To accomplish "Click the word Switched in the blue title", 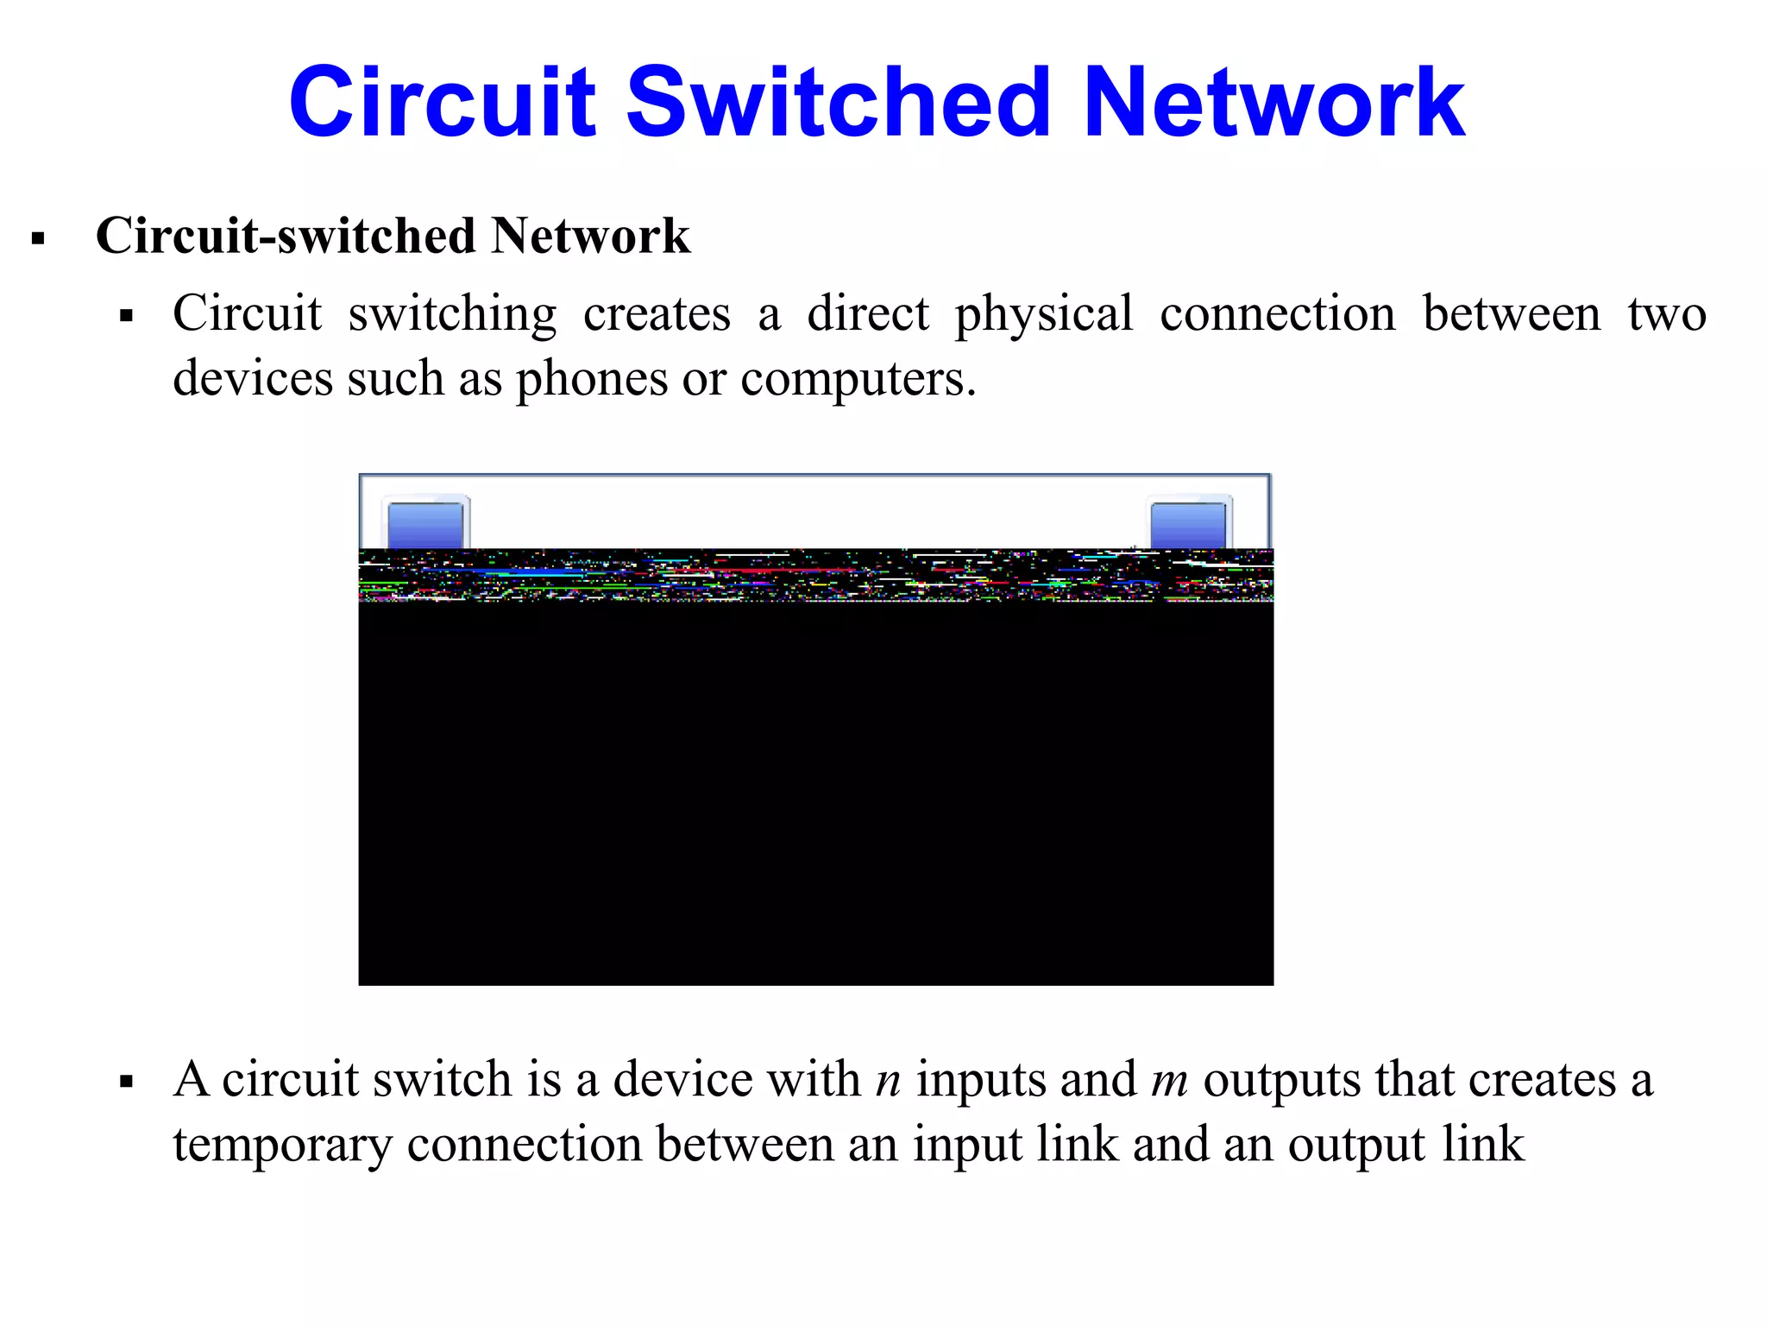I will click(838, 103).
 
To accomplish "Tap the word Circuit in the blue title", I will click(443, 103).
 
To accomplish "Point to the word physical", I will click(1043, 314).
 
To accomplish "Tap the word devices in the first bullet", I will click(253, 378).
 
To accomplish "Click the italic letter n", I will click(888, 1081).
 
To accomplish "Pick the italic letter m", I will click(1170, 1081).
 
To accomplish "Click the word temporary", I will click(282, 1146).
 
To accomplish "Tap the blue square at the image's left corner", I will click(425, 525).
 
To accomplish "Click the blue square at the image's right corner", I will click(1188, 525).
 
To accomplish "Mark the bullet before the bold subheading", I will click(38, 238).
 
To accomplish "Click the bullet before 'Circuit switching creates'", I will click(127, 316).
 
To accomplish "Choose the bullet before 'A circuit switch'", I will click(127, 1083).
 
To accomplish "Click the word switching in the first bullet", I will click(452, 314).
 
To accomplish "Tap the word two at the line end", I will click(1666, 314).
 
